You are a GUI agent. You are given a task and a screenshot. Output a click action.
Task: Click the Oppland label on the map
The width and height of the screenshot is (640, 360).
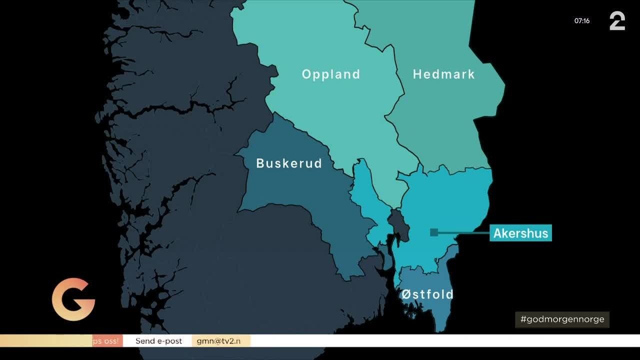pyautogui.click(x=331, y=74)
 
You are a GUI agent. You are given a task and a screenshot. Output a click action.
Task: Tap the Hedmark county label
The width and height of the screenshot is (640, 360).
pyautogui.click(x=443, y=74)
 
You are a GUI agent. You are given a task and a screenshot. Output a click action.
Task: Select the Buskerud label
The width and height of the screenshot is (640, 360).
pyautogui.click(x=289, y=163)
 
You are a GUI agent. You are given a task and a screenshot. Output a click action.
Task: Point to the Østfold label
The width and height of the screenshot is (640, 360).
pyautogui.click(x=427, y=294)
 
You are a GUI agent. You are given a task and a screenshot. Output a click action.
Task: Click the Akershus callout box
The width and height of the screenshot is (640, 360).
pyautogui.click(x=520, y=233)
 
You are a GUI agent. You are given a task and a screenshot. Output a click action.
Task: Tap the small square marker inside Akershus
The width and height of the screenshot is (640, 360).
pyautogui.click(x=434, y=232)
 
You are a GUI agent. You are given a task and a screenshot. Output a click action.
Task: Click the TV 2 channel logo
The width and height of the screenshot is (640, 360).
pyautogui.click(x=617, y=21)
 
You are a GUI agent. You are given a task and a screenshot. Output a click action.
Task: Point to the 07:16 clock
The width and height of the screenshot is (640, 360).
pyautogui.click(x=582, y=21)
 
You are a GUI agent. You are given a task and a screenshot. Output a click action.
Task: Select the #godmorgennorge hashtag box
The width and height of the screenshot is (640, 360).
pyautogui.click(x=562, y=319)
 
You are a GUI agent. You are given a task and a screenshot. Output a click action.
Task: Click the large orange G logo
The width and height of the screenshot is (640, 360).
pyautogui.click(x=73, y=299)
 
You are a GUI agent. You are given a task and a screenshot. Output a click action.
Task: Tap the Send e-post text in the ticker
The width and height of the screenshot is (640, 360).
pyautogui.click(x=158, y=341)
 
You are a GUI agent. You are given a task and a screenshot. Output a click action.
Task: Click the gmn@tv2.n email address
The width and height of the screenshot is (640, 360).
pyautogui.click(x=220, y=341)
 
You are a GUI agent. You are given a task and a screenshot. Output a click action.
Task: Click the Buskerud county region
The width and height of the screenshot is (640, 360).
pyautogui.click(x=300, y=200)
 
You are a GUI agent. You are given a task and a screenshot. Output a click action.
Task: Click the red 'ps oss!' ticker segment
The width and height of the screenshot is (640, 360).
pyautogui.click(x=107, y=341)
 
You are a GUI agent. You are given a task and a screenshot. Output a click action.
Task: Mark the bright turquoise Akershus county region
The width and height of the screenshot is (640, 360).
pyautogui.click(x=450, y=200)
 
